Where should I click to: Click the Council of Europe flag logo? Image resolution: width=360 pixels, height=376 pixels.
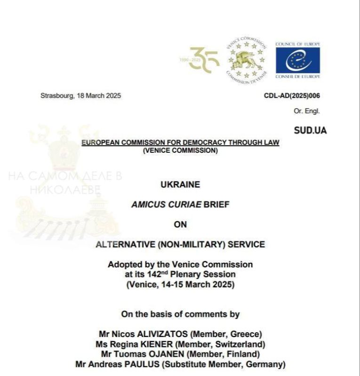[x=297, y=60]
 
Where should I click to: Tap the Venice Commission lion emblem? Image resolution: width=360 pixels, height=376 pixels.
[x=247, y=60]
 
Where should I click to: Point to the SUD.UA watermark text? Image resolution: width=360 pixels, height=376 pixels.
[x=310, y=130]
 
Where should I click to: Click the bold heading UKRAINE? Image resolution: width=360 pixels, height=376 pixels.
[x=180, y=185]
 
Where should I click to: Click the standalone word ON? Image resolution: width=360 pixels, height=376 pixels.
[x=180, y=224]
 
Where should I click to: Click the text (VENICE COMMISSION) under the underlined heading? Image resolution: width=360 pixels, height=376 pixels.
[x=180, y=151]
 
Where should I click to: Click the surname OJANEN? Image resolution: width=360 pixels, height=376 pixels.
[x=161, y=354]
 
